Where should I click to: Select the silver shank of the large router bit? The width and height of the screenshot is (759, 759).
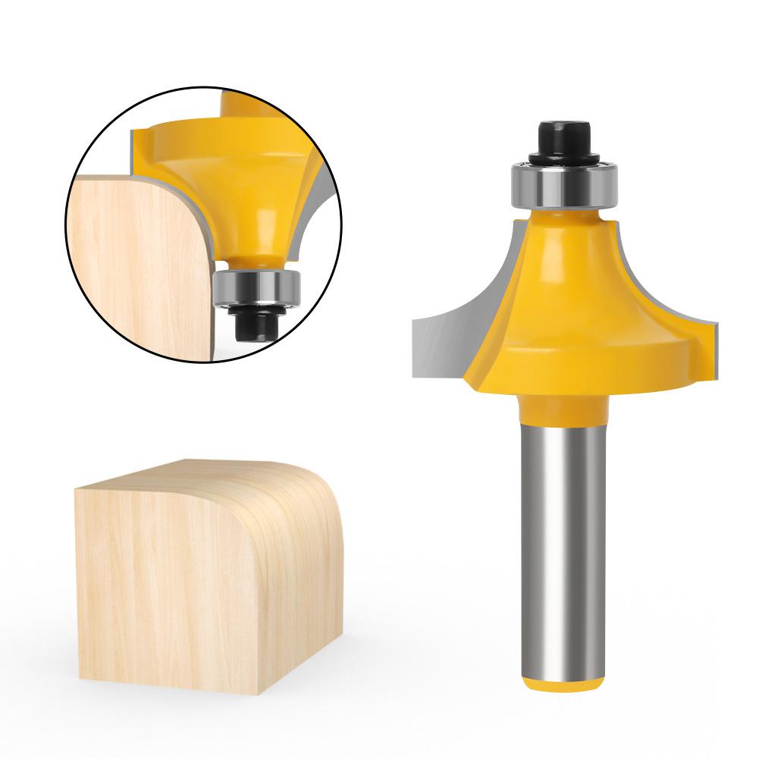562,531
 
